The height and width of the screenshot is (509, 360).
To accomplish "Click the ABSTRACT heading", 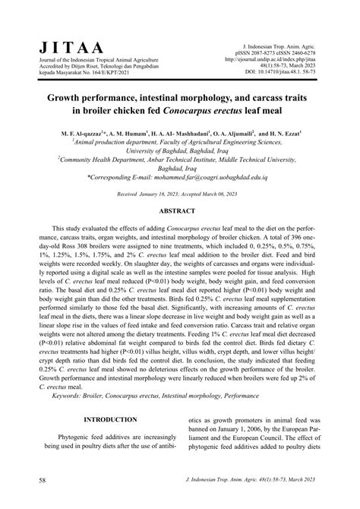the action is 179,211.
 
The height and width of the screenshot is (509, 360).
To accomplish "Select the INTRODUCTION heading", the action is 112,419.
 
